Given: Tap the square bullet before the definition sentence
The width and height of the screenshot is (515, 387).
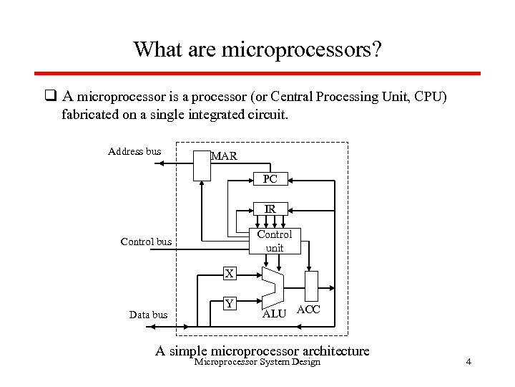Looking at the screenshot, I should (50, 96).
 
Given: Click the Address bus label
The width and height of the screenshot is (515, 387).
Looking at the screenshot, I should (134, 151).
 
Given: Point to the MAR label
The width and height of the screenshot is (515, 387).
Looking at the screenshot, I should (224, 156).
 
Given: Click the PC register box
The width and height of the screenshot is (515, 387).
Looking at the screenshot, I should (270, 178).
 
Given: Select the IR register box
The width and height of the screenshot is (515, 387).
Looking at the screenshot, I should (270, 209).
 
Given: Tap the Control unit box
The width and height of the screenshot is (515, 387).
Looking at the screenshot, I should (274, 241).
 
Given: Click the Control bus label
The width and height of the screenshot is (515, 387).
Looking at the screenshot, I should (147, 242).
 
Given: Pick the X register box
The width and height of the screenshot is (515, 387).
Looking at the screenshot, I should (229, 273).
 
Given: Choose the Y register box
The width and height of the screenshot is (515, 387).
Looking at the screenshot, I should (229, 303).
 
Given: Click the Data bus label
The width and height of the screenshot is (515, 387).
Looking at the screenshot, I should (148, 315).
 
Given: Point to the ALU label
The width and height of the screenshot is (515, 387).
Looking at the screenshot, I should (274, 314).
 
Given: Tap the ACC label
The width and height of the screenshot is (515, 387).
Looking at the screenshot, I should (308, 310).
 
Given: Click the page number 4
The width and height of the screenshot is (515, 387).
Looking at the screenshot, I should (468, 362).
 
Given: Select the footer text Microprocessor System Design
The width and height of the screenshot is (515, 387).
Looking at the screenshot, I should (257, 362).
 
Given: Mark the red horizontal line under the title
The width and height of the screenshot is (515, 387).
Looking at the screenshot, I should (257, 73).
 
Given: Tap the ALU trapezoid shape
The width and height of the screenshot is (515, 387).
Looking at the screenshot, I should (273, 287).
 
